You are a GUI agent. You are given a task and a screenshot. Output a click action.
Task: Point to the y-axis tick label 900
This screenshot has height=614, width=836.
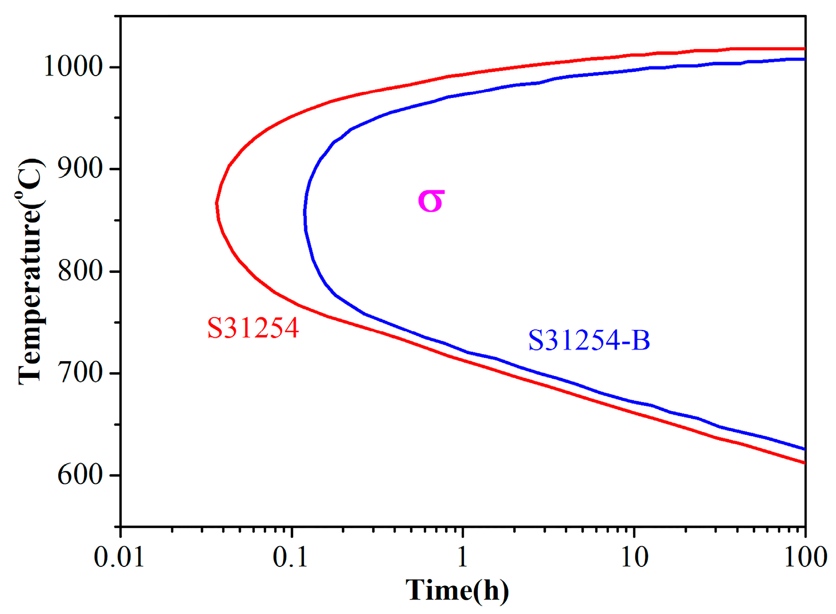coord(79,169)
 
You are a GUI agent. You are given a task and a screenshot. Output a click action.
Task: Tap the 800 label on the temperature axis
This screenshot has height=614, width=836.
coord(79,271)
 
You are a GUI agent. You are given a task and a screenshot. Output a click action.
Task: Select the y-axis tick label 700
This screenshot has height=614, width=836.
coord(79,373)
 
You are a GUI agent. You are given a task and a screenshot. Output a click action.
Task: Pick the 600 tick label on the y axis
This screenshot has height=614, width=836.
coord(79,475)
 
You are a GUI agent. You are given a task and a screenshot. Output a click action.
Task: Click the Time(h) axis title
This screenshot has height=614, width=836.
coord(457,591)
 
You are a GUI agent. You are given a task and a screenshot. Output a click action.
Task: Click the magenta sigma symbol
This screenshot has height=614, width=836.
coord(431,201)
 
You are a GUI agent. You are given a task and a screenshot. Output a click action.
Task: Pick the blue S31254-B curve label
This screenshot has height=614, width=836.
coord(589,340)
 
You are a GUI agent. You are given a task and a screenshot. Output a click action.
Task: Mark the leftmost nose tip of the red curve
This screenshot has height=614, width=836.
coord(217,203)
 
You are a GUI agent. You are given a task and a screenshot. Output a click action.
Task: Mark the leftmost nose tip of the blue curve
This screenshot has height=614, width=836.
coord(305,212)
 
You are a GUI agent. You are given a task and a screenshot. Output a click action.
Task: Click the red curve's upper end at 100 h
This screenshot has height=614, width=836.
coord(805,49)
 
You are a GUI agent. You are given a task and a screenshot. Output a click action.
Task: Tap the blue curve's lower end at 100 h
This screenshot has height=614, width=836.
coord(805,449)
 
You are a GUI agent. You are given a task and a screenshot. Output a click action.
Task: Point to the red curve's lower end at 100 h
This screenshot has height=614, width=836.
coord(805,463)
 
